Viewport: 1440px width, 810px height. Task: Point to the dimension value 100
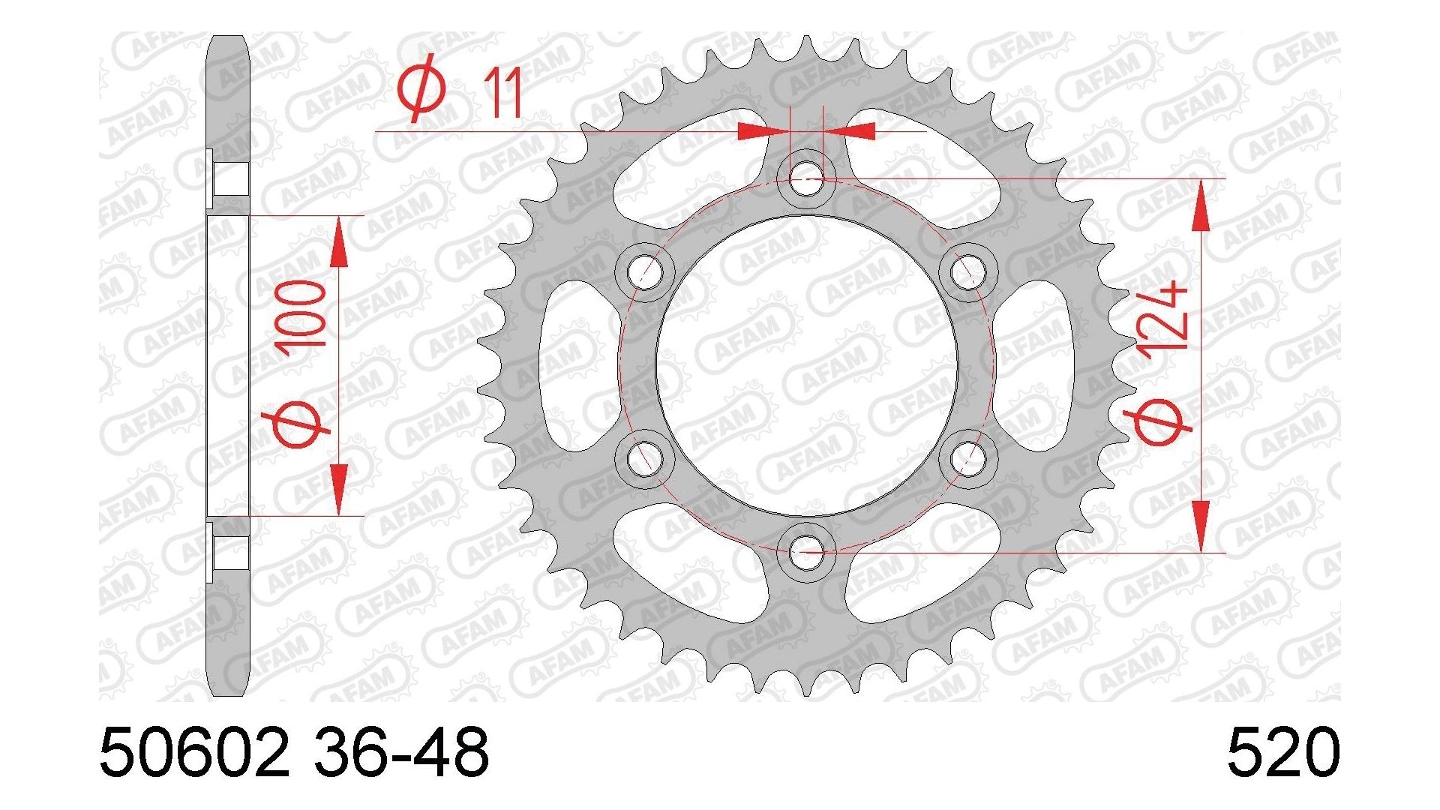(301, 314)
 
